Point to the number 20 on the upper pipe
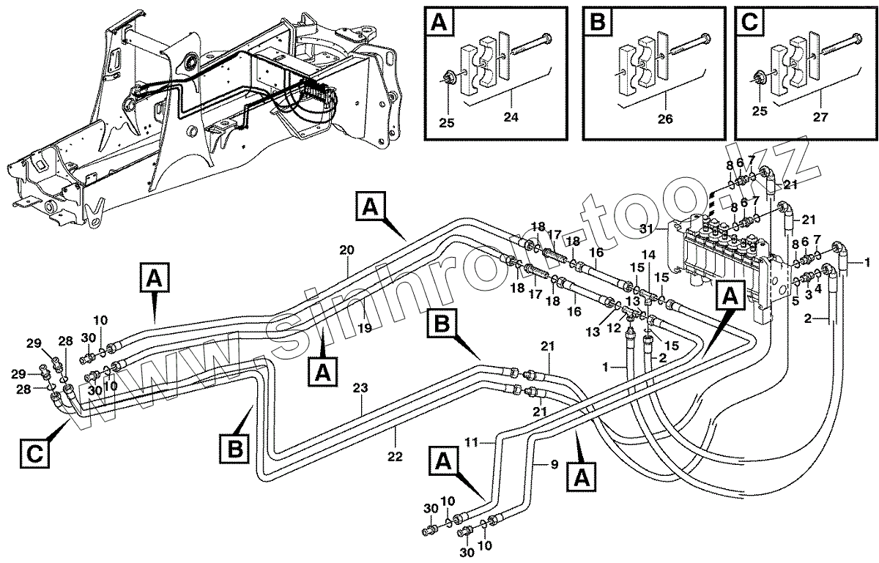[346, 250]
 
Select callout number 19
[365, 327]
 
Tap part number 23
[360, 388]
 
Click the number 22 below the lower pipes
[395, 456]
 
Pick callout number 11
[471, 442]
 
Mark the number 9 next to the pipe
[554, 465]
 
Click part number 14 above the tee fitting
[649, 255]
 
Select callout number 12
[614, 326]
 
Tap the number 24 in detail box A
[511, 117]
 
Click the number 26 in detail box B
[665, 119]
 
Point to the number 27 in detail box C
[820, 117]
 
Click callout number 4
[817, 288]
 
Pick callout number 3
[808, 294]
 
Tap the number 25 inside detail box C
[760, 111]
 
